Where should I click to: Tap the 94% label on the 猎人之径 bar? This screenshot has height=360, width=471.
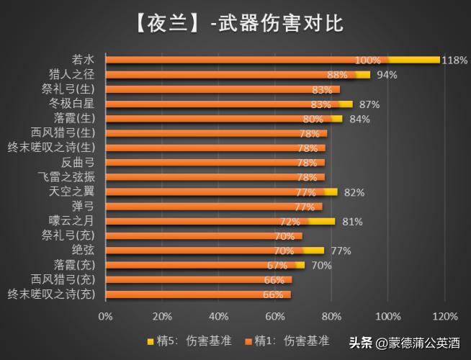(x=387, y=75)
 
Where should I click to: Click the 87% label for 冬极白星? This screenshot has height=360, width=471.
(x=368, y=104)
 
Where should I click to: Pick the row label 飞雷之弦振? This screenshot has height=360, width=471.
(x=71, y=176)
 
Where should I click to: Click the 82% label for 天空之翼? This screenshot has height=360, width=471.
(x=354, y=192)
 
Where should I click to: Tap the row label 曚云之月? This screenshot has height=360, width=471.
(x=78, y=221)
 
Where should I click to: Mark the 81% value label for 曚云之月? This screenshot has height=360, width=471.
(x=351, y=222)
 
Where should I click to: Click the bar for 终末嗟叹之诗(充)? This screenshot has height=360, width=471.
(x=198, y=294)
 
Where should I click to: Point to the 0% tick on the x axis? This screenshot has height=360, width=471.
(x=106, y=317)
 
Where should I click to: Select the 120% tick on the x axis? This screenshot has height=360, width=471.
(x=445, y=317)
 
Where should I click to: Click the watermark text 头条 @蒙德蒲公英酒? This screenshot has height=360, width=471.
(x=405, y=343)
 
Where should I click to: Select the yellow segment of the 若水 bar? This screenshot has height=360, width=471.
(x=414, y=60)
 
